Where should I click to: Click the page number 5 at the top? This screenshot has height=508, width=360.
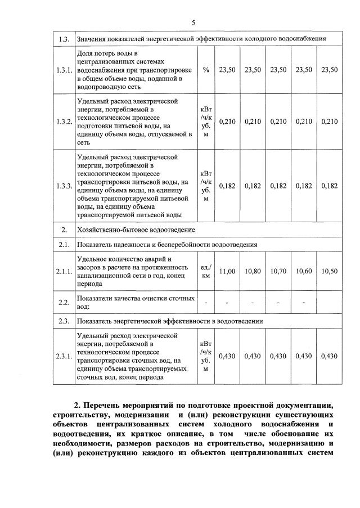(193, 23)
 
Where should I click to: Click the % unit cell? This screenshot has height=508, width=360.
(206, 70)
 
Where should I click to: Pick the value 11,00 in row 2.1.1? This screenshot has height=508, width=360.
(227, 271)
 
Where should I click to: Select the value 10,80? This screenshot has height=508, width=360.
(253, 271)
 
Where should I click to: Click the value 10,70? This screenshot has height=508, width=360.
(278, 271)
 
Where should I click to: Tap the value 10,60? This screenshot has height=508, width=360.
(304, 271)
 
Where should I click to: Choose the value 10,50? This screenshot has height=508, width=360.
(330, 271)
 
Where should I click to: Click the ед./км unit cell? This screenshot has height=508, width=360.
(206, 271)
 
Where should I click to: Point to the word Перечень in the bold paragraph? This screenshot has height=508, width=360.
(107, 405)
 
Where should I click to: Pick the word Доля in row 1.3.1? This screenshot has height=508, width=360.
(85, 53)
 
